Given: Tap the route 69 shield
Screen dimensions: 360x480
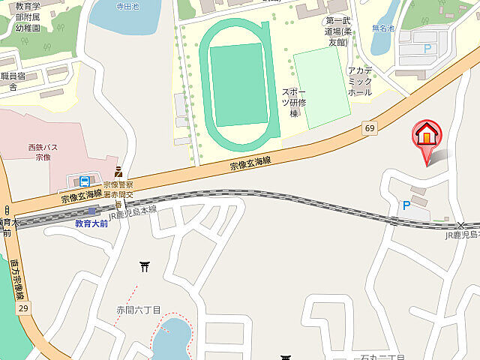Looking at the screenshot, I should (x=370, y=128).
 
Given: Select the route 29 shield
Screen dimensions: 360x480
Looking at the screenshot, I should (x=23, y=308).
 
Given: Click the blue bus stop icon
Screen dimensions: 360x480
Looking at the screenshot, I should (x=85, y=181).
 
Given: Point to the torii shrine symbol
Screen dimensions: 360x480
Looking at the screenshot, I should (x=144, y=265).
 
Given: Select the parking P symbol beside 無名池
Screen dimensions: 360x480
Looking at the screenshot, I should (x=428, y=48).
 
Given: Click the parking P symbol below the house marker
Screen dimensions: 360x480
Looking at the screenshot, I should (x=406, y=205).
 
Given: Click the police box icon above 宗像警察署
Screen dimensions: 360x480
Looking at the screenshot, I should (x=118, y=171).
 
